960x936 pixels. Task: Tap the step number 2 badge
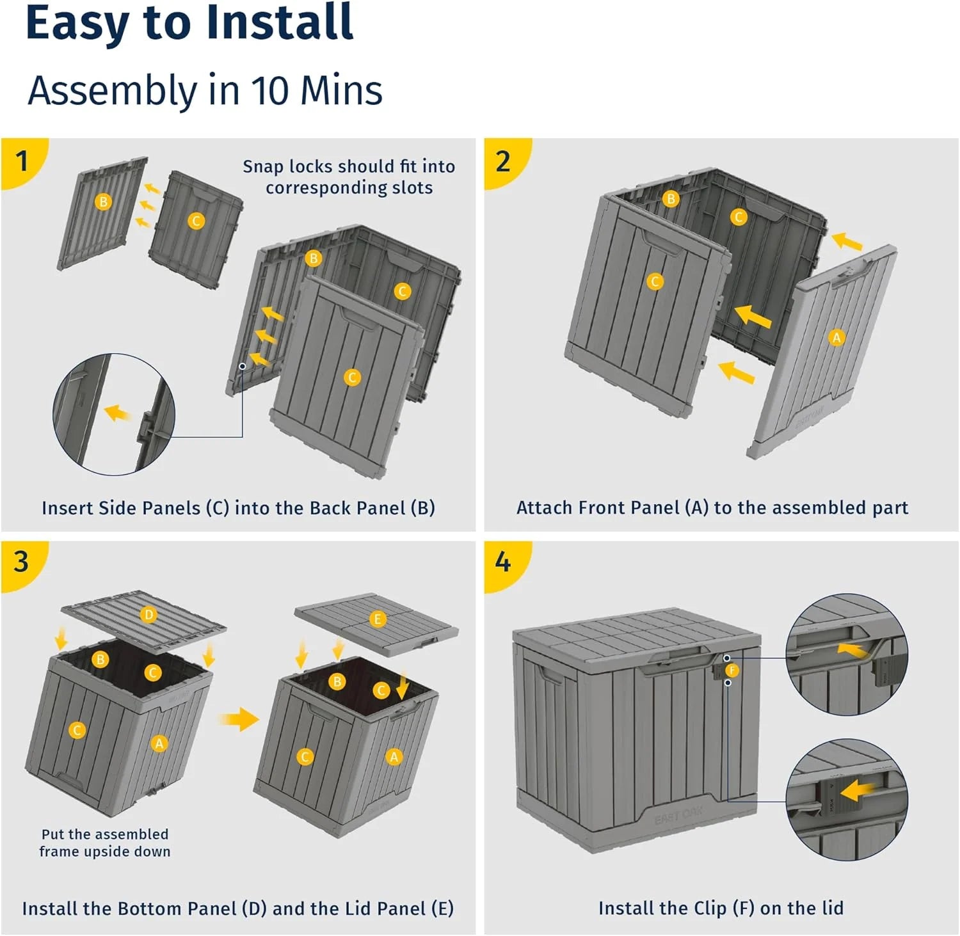tap(503, 161)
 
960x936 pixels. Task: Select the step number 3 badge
tap(22, 562)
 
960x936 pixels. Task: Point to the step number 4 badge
tap(503, 562)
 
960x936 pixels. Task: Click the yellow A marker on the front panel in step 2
tap(836, 337)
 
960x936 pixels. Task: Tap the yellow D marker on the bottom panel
tap(148, 615)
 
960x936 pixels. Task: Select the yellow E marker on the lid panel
tap(378, 619)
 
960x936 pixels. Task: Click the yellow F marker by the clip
tap(732, 670)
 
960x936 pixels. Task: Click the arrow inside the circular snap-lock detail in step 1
tap(116, 413)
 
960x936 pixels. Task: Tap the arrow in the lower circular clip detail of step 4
tap(858, 791)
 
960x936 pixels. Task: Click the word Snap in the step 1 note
tap(262, 166)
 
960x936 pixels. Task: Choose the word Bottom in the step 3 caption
tap(165, 908)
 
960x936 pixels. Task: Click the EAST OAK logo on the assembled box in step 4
tap(678, 815)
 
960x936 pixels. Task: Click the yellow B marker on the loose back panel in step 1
tap(102, 202)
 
